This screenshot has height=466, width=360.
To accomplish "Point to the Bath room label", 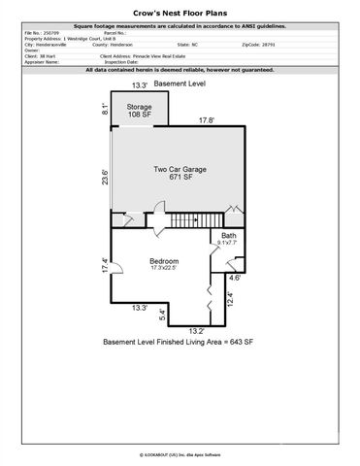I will (229, 240).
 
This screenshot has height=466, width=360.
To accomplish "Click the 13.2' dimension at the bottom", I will (196, 330).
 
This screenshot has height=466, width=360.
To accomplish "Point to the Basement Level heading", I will (179, 85).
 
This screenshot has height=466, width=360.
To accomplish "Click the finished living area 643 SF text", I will (178, 344).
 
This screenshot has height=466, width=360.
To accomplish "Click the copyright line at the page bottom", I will (179, 452).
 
